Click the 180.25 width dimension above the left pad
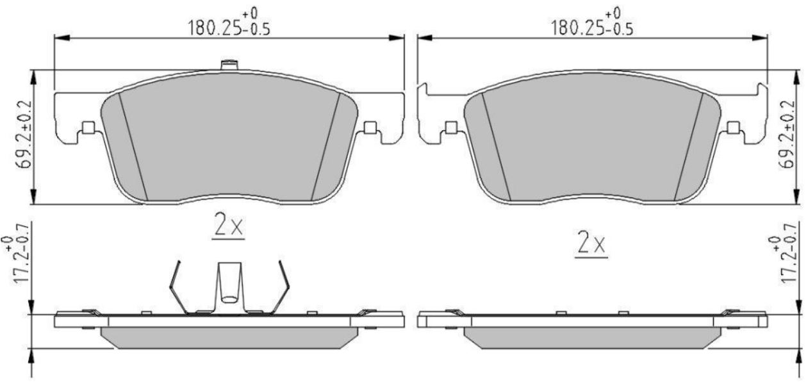click(x=229, y=22)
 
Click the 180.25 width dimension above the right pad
click(x=592, y=22)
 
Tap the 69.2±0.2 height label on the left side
click(x=24, y=135)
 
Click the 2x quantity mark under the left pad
click(x=228, y=226)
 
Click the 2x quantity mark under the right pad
click(x=591, y=244)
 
